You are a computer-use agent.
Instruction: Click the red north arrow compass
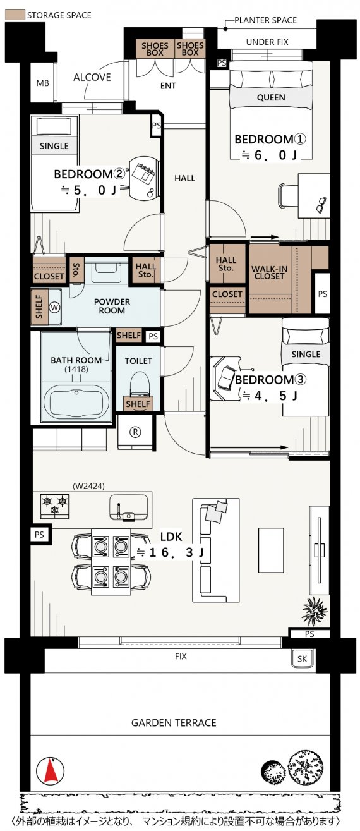[x=51, y=770]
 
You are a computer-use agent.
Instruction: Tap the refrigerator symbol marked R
[x=135, y=432]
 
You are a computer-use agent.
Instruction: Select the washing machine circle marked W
[x=55, y=307]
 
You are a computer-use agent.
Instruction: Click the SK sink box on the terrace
[x=302, y=658]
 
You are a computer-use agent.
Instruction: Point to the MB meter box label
[x=43, y=83]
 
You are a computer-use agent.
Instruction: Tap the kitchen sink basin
[x=128, y=508]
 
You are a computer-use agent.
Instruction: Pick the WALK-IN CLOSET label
[x=270, y=272]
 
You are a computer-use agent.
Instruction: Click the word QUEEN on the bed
[x=271, y=97]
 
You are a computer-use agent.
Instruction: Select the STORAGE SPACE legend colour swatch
[x=15, y=15]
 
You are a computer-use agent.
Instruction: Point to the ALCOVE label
[x=92, y=77]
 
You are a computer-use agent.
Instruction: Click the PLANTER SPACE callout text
[x=265, y=20]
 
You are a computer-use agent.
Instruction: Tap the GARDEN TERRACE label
[x=174, y=723]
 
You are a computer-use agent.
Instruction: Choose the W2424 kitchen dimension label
[x=88, y=486]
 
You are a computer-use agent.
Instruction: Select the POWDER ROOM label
[x=112, y=306]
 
